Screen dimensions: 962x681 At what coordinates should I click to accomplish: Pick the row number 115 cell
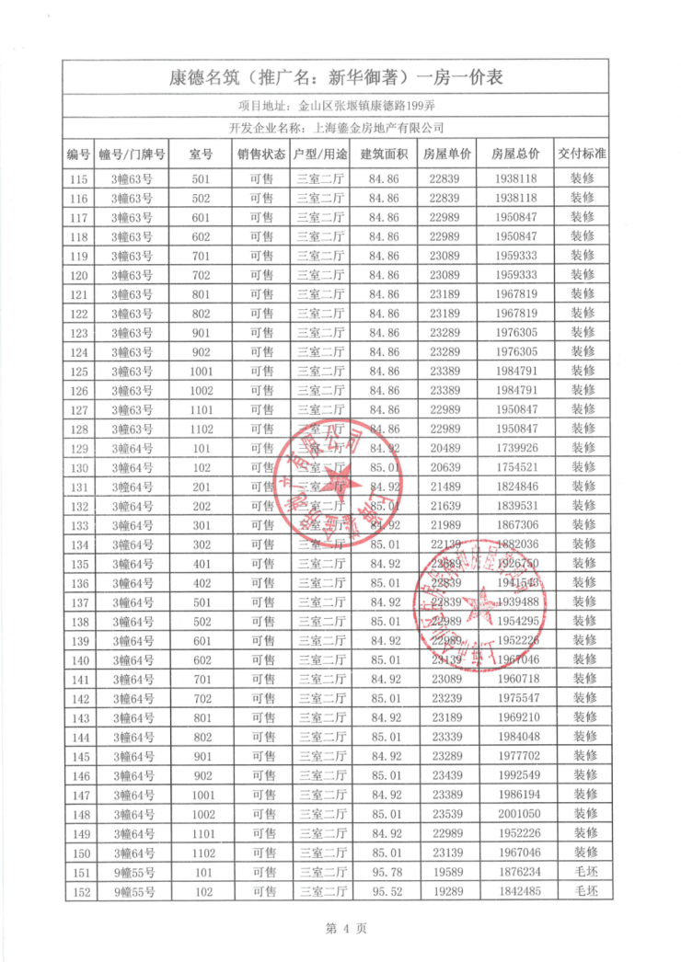[x=79, y=179]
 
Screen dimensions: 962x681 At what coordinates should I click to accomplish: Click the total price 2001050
[x=515, y=814]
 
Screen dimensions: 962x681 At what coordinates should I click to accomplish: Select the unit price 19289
[x=446, y=891]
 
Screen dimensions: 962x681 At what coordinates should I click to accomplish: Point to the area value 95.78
[x=385, y=872]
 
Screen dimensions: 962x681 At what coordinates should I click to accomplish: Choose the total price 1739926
[x=515, y=448]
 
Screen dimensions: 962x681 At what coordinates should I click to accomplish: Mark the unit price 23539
[x=446, y=814]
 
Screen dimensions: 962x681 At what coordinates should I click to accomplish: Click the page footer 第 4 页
[x=340, y=929]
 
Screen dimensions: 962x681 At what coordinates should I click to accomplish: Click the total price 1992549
[x=515, y=775]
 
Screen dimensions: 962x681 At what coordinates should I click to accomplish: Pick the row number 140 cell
[x=79, y=660]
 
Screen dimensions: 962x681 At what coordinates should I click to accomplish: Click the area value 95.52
[x=385, y=891]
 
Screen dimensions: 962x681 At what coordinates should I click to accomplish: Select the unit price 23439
[x=446, y=775]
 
